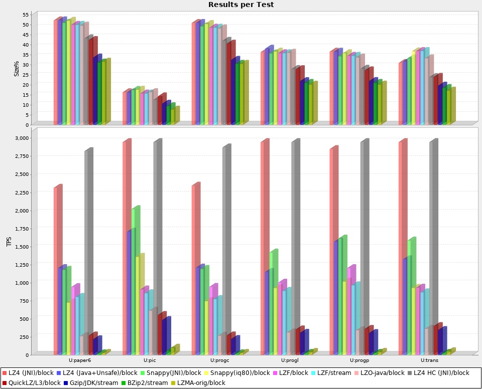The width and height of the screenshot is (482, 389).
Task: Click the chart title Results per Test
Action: (x=241, y=5)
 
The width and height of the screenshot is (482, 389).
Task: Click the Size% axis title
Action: (x=17, y=69)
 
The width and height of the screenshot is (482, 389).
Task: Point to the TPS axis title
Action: (x=9, y=242)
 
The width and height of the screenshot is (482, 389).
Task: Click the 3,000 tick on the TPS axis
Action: (x=22, y=138)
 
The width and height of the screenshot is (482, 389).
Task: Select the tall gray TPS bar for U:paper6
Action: (x=88, y=251)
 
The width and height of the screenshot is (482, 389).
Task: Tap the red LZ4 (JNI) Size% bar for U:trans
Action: (x=401, y=93)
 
